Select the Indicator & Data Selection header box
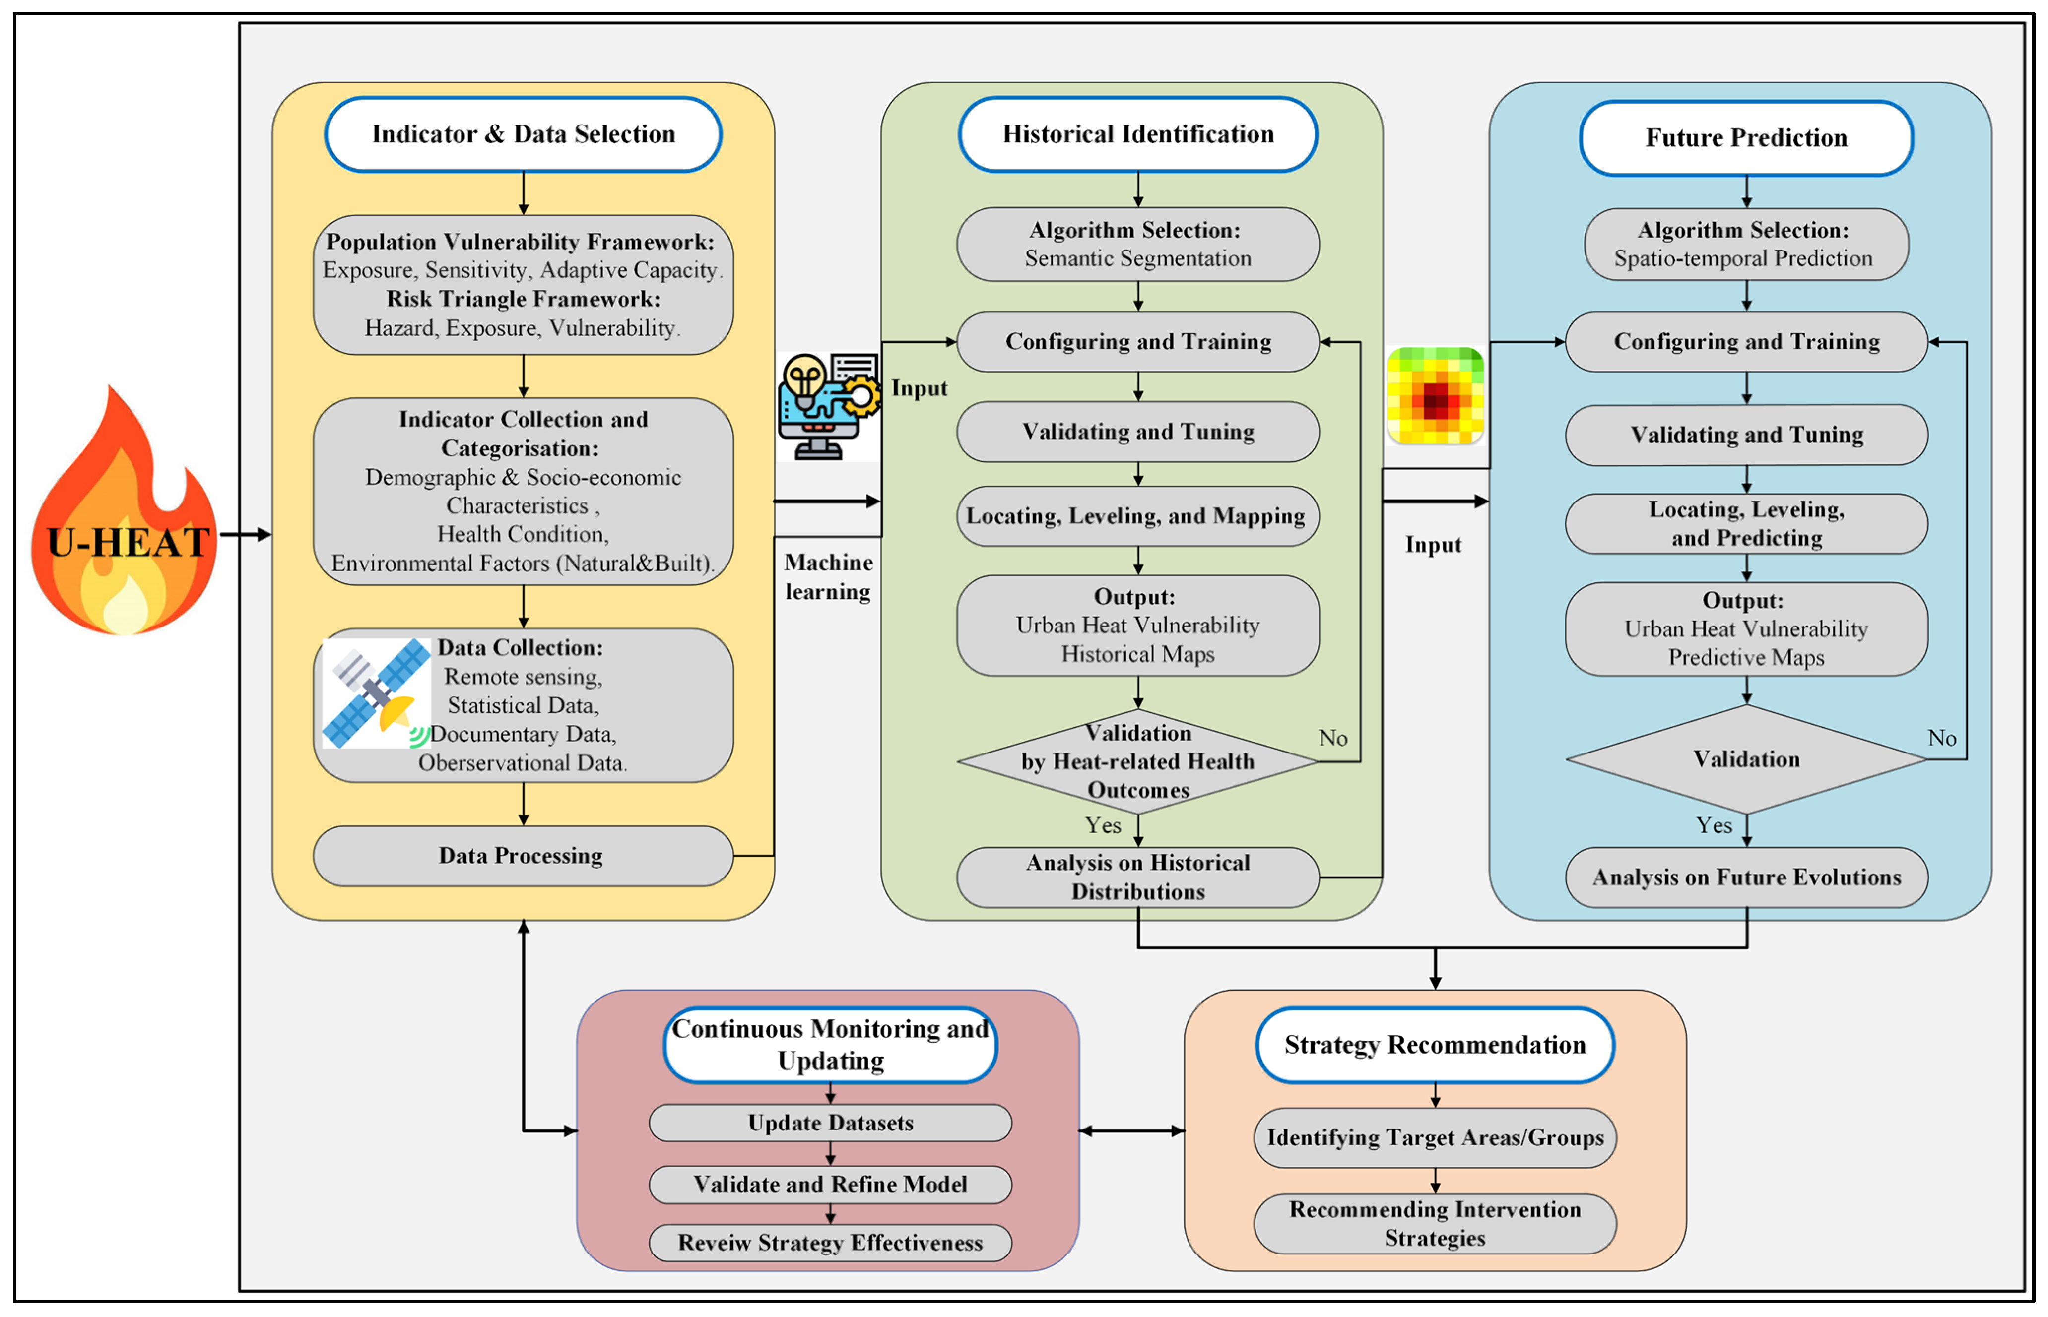[x=523, y=134]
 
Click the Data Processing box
[x=522, y=855]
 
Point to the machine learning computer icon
[x=827, y=406]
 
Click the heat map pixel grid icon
[x=1435, y=395]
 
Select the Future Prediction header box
[x=1745, y=138]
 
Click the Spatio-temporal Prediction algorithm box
[x=1745, y=244]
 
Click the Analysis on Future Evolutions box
[x=1745, y=877]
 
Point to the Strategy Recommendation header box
[x=1435, y=1044]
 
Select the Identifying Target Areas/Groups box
[x=1435, y=1137]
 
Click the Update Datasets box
[x=830, y=1122]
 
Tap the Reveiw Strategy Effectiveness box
[x=830, y=1242]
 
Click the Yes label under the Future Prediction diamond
[x=1714, y=825]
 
